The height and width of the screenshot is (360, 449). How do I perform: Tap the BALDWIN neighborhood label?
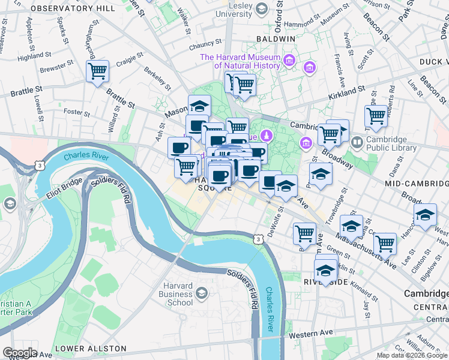coord(275,38)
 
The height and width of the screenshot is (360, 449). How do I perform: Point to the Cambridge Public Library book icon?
coord(357,142)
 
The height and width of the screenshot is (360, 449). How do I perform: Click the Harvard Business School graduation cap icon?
coord(202,293)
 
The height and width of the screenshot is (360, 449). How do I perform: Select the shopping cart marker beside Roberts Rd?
coord(376,116)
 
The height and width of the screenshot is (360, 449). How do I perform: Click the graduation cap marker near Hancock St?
coord(425,214)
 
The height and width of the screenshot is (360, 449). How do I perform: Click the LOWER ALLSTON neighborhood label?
coord(91,349)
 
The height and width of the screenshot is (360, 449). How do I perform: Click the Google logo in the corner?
coord(20,353)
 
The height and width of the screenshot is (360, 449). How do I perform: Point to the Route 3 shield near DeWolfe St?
coord(258,239)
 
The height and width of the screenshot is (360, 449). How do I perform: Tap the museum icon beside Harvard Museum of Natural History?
coord(289,60)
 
